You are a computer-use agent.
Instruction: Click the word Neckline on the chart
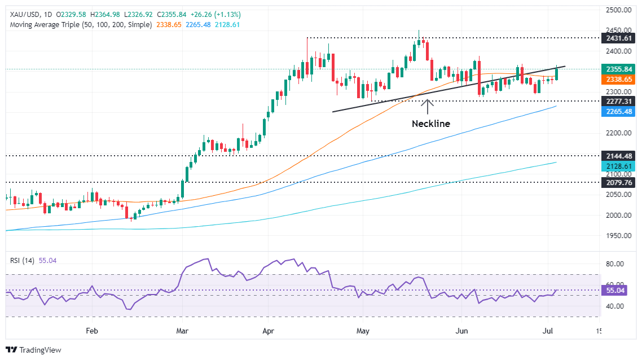coord(430,124)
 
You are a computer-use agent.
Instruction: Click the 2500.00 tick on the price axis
coord(618,10)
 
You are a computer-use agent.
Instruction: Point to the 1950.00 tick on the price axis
coord(618,235)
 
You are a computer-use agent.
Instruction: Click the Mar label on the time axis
coord(181,331)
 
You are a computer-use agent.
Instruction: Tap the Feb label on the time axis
coord(92,331)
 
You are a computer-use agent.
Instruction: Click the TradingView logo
coord(34,350)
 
